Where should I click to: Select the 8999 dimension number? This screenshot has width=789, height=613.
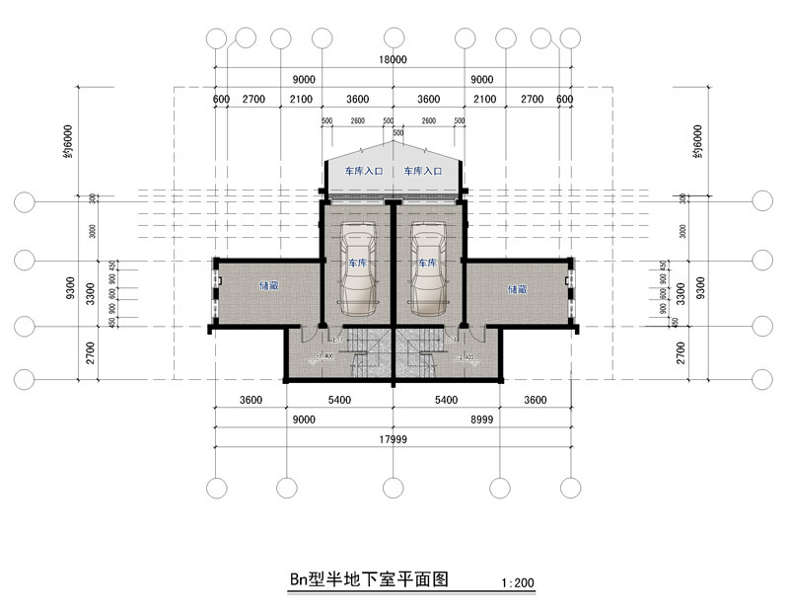tap(482, 420)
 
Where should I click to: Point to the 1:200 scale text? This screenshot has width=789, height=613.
tap(518, 583)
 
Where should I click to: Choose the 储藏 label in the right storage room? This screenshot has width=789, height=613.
tap(517, 289)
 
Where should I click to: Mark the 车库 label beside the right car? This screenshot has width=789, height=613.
tap(426, 264)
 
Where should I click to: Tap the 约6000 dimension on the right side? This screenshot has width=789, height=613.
tap(698, 141)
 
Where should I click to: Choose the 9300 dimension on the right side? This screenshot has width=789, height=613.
tap(699, 290)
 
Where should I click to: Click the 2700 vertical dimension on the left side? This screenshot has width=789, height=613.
tap(90, 353)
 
